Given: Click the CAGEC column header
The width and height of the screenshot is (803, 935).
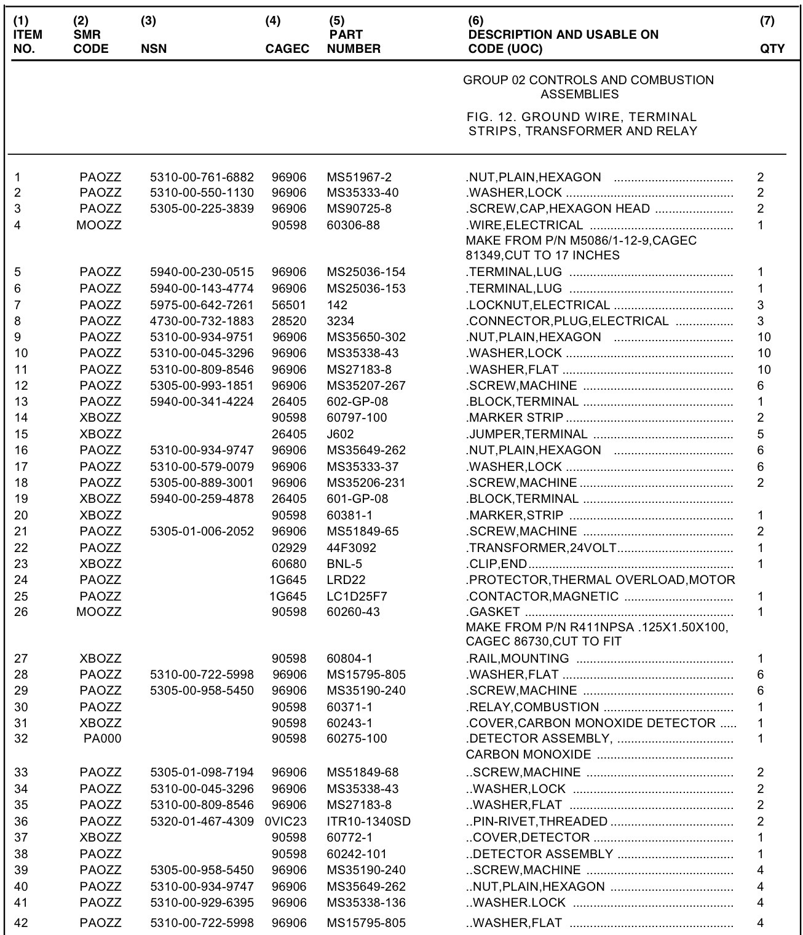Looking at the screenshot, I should tap(287, 49).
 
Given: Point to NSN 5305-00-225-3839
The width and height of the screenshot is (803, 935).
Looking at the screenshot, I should tap(202, 208).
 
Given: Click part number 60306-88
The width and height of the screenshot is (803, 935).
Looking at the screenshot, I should tap(353, 225).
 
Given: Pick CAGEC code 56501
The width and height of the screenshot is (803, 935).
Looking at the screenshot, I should tap(289, 305).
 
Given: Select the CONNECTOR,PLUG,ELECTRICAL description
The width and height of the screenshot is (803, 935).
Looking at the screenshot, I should tap(568, 321).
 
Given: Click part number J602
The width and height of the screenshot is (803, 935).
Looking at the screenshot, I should tap(340, 434).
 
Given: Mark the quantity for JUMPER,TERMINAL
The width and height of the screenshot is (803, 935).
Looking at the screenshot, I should tap(761, 434).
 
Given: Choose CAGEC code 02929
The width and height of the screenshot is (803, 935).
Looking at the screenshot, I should tap(289, 548).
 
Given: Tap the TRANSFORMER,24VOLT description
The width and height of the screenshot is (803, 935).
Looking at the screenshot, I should tap(542, 548).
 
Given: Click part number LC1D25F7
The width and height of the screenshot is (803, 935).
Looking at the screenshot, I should tap(357, 596).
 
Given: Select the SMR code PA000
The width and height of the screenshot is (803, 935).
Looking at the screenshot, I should tap(102, 738).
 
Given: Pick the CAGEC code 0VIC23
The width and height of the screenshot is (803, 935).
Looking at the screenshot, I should tap(285, 821).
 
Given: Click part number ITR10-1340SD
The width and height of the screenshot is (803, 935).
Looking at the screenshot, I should tap(368, 821).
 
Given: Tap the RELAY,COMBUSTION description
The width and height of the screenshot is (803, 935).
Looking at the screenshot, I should tap(532, 707).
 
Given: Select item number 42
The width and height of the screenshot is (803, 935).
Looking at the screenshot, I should tap(21, 923).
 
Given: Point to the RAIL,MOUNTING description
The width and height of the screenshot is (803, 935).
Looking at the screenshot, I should tap(518, 658).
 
